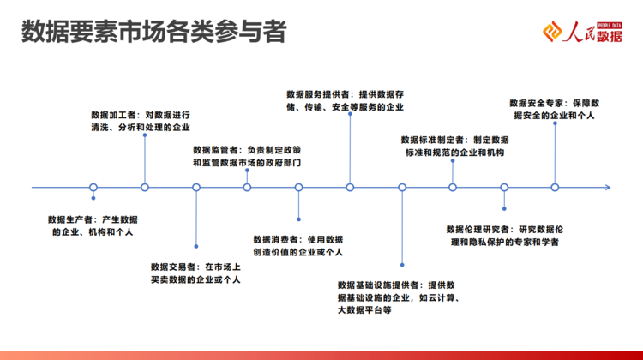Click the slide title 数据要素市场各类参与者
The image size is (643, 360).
153,32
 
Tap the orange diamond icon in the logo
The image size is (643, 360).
552,32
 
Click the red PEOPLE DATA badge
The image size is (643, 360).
610,26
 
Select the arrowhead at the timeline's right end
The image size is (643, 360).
608,188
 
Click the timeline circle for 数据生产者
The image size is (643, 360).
93,188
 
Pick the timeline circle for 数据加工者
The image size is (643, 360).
145,188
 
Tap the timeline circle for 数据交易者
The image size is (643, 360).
196,188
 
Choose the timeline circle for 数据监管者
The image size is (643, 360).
247,188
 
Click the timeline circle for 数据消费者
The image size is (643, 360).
299,188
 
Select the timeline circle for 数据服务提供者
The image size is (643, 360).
350,188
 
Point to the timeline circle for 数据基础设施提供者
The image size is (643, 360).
402,188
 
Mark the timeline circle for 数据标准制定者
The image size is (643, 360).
453,188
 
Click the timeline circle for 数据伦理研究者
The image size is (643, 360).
504,188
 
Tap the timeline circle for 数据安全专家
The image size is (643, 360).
555,188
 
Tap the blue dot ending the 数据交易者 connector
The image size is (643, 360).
196,246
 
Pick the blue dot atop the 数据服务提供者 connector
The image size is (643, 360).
350,114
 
